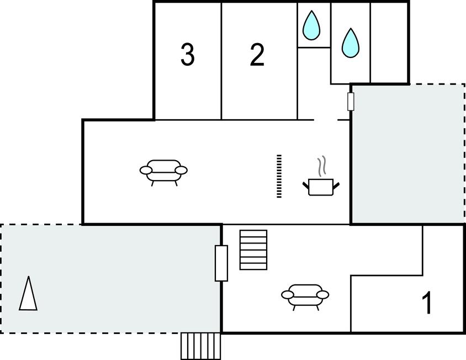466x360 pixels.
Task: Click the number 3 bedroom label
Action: coord(188,55)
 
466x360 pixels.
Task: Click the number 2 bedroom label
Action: coord(257,55)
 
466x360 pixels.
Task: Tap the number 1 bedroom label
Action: coord(427,303)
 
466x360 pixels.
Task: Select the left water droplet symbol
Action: coord(313,25)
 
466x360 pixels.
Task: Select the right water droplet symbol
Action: coord(349,43)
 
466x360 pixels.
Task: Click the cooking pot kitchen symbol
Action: coord(321,186)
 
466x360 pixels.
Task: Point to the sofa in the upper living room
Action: coord(163,171)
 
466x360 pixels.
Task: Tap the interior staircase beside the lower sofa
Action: coord(253,250)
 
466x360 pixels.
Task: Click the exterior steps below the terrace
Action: coord(201,346)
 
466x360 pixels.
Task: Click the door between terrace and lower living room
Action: coord(221,263)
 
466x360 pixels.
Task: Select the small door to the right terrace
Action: coord(351,102)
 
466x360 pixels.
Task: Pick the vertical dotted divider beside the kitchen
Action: coord(279,176)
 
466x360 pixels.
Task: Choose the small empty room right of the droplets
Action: coord(389,42)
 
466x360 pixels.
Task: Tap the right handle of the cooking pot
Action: coord(336,183)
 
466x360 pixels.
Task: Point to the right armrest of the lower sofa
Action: coord(324,294)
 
